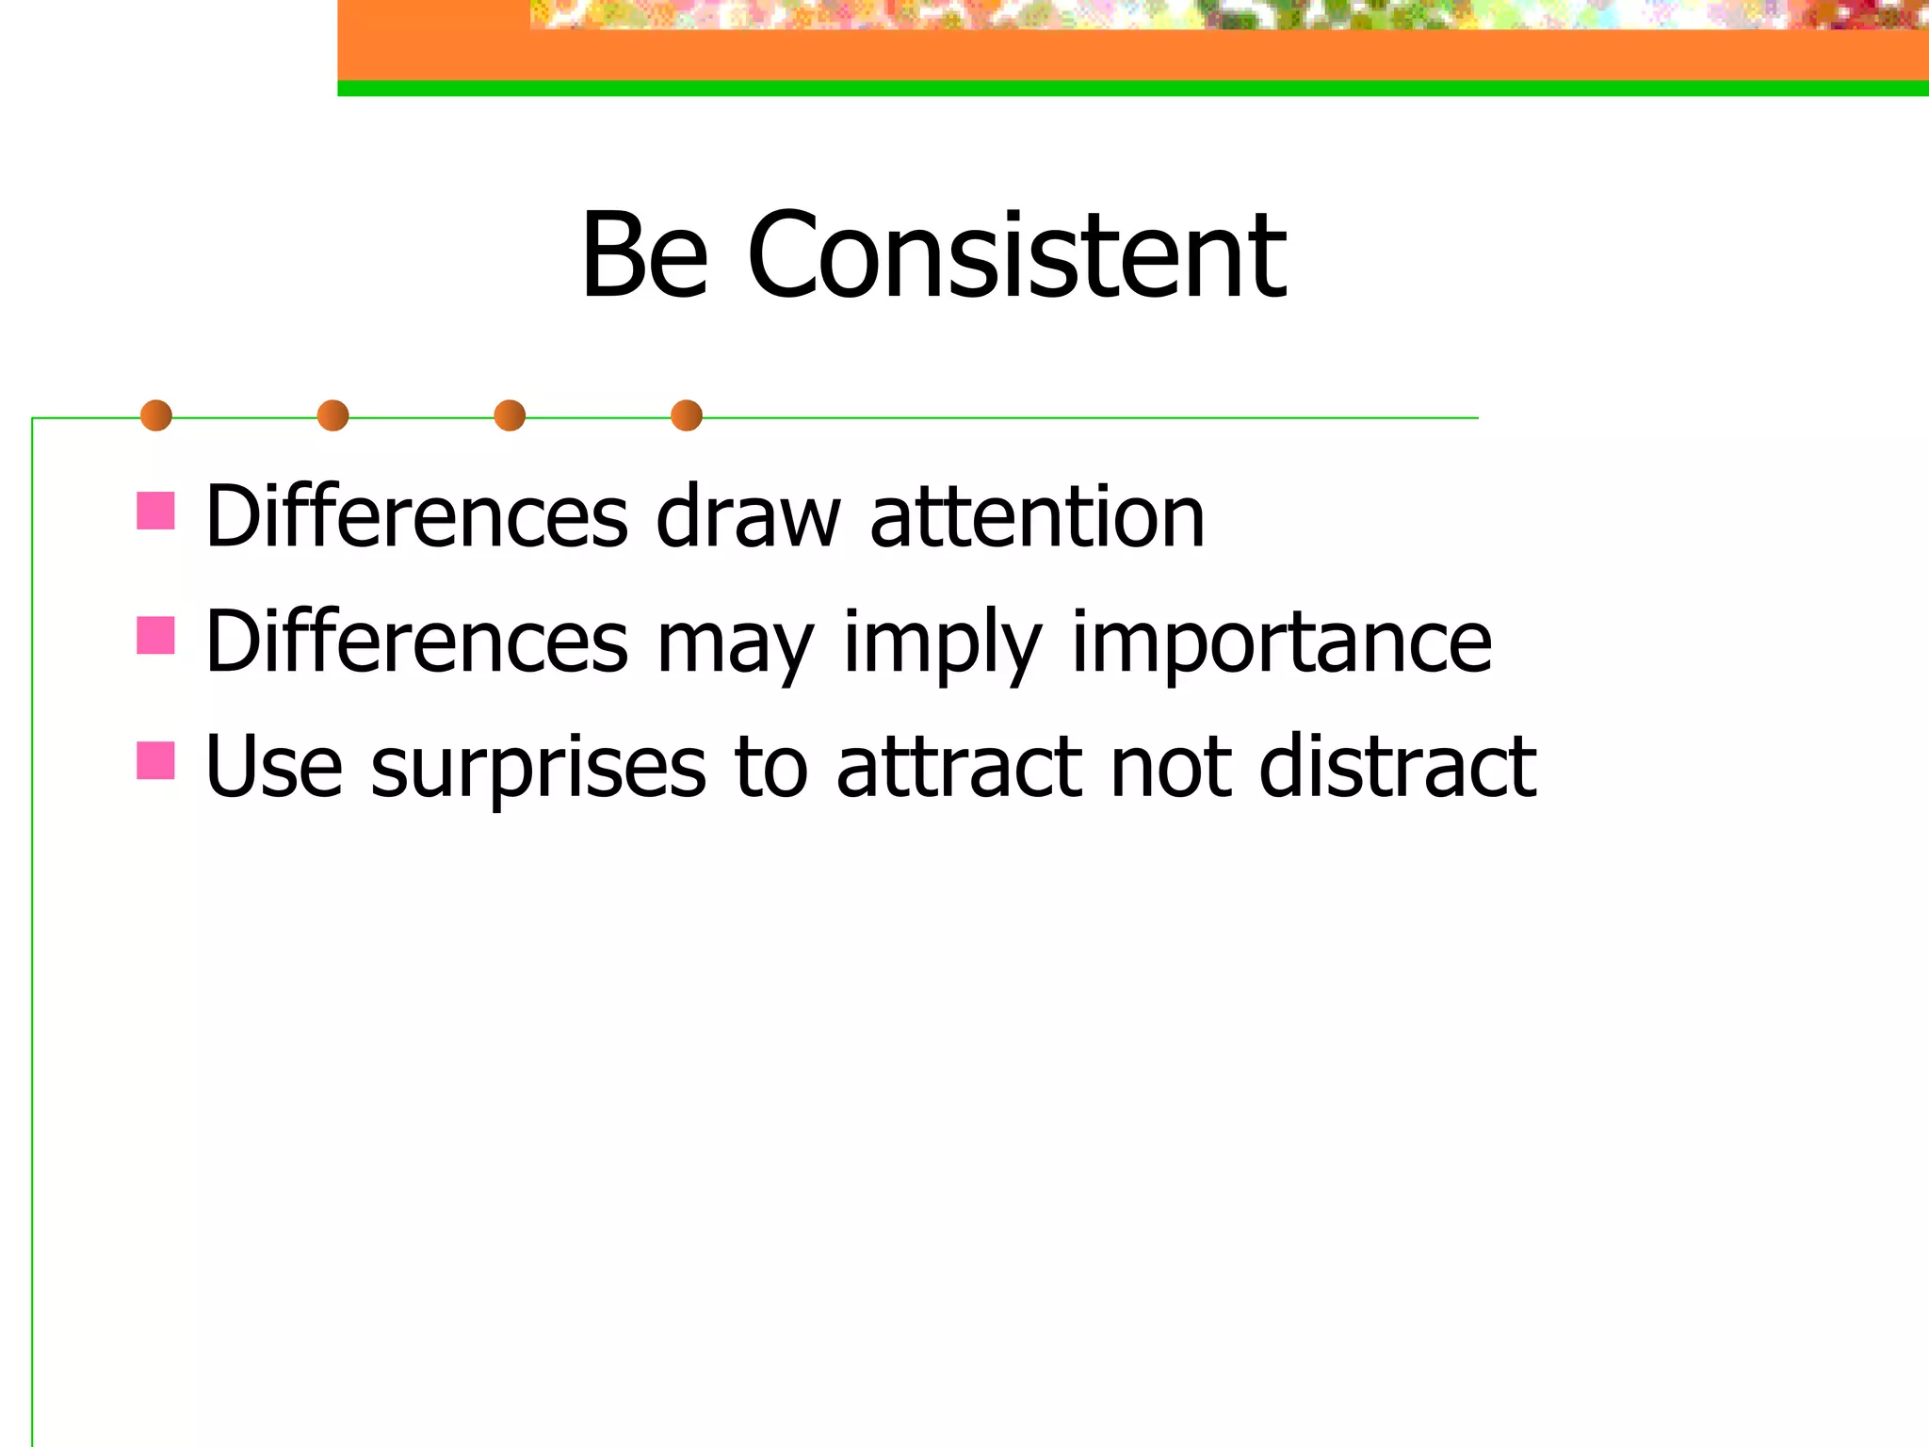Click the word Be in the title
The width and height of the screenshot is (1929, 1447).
pos(644,256)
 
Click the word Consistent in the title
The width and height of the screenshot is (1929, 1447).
pos(1016,256)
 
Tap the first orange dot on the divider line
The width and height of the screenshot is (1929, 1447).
pos(156,415)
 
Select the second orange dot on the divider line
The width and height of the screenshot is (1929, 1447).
pos(332,415)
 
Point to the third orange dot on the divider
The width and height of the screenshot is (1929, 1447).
pos(510,415)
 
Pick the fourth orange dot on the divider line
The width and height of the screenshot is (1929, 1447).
pos(687,415)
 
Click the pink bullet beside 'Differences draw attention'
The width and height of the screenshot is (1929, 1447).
pos(155,511)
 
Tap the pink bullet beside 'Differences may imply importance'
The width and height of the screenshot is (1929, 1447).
pos(155,636)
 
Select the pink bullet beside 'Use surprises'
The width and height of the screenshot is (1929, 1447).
pos(155,760)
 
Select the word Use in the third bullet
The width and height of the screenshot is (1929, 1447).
pos(274,767)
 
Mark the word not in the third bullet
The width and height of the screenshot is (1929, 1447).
pos(1171,767)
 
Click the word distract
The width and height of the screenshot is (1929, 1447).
pos(1398,767)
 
